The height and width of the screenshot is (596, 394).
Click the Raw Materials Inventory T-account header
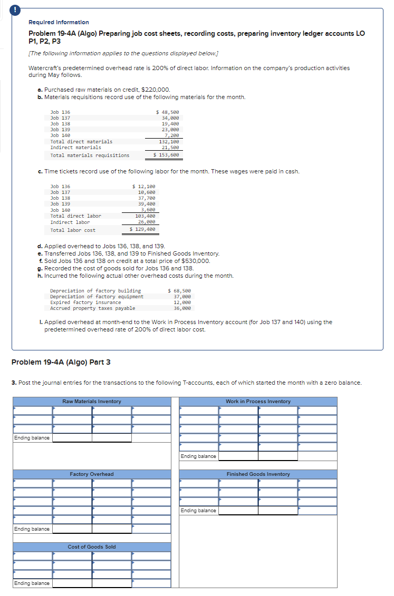[x=92, y=402]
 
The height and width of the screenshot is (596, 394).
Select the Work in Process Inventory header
[x=258, y=402]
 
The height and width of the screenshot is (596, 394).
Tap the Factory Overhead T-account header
[x=92, y=474]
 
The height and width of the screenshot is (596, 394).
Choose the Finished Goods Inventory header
[x=258, y=474]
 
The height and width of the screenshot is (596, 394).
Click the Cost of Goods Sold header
[x=92, y=547]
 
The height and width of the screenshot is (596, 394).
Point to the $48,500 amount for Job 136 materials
[x=168, y=112]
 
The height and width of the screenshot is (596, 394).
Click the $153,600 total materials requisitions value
[x=167, y=155]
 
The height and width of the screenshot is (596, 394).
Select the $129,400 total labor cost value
[x=143, y=230]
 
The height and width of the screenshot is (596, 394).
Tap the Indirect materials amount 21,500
[x=170, y=148]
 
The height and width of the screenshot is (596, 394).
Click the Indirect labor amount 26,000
[x=146, y=222]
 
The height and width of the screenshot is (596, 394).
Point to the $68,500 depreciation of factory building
[x=179, y=291]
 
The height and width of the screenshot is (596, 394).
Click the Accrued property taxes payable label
[x=92, y=308]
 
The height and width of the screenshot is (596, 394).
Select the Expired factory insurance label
[x=85, y=302]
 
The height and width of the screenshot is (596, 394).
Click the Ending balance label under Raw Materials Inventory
[x=32, y=438]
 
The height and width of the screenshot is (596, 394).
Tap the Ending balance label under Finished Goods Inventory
[x=198, y=511]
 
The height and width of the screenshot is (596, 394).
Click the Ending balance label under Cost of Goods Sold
[x=32, y=583]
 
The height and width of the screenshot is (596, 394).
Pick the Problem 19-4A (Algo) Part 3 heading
[x=61, y=362]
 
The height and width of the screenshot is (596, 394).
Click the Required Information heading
[x=59, y=22]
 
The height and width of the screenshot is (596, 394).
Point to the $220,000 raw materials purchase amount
[x=156, y=90]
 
